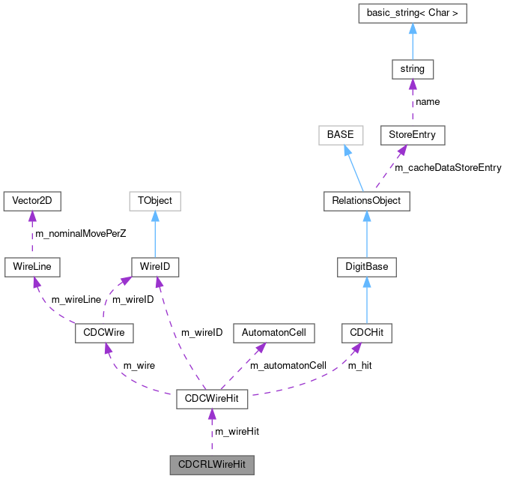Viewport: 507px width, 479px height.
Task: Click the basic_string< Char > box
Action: point(412,14)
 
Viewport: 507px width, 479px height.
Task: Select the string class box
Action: point(412,69)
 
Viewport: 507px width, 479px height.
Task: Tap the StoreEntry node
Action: point(412,135)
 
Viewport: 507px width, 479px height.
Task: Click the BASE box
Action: point(340,135)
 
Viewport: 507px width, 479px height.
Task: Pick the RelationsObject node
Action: point(366,201)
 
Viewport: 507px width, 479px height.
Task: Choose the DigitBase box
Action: point(366,266)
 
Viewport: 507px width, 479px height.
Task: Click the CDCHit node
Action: point(366,332)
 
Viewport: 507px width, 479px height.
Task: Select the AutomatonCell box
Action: point(273,332)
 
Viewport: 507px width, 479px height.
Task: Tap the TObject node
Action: point(154,201)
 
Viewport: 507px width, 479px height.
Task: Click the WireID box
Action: point(154,266)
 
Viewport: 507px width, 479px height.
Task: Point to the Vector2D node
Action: point(32,201)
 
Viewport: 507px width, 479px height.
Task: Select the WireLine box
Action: point(32,266)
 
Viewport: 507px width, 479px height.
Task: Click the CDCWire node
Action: point(104,332)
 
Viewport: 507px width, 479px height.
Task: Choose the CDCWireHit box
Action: point(211,398)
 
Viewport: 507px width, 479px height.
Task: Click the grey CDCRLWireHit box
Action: point(211,464)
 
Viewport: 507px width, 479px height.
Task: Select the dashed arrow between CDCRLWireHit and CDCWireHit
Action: point(211,431)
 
